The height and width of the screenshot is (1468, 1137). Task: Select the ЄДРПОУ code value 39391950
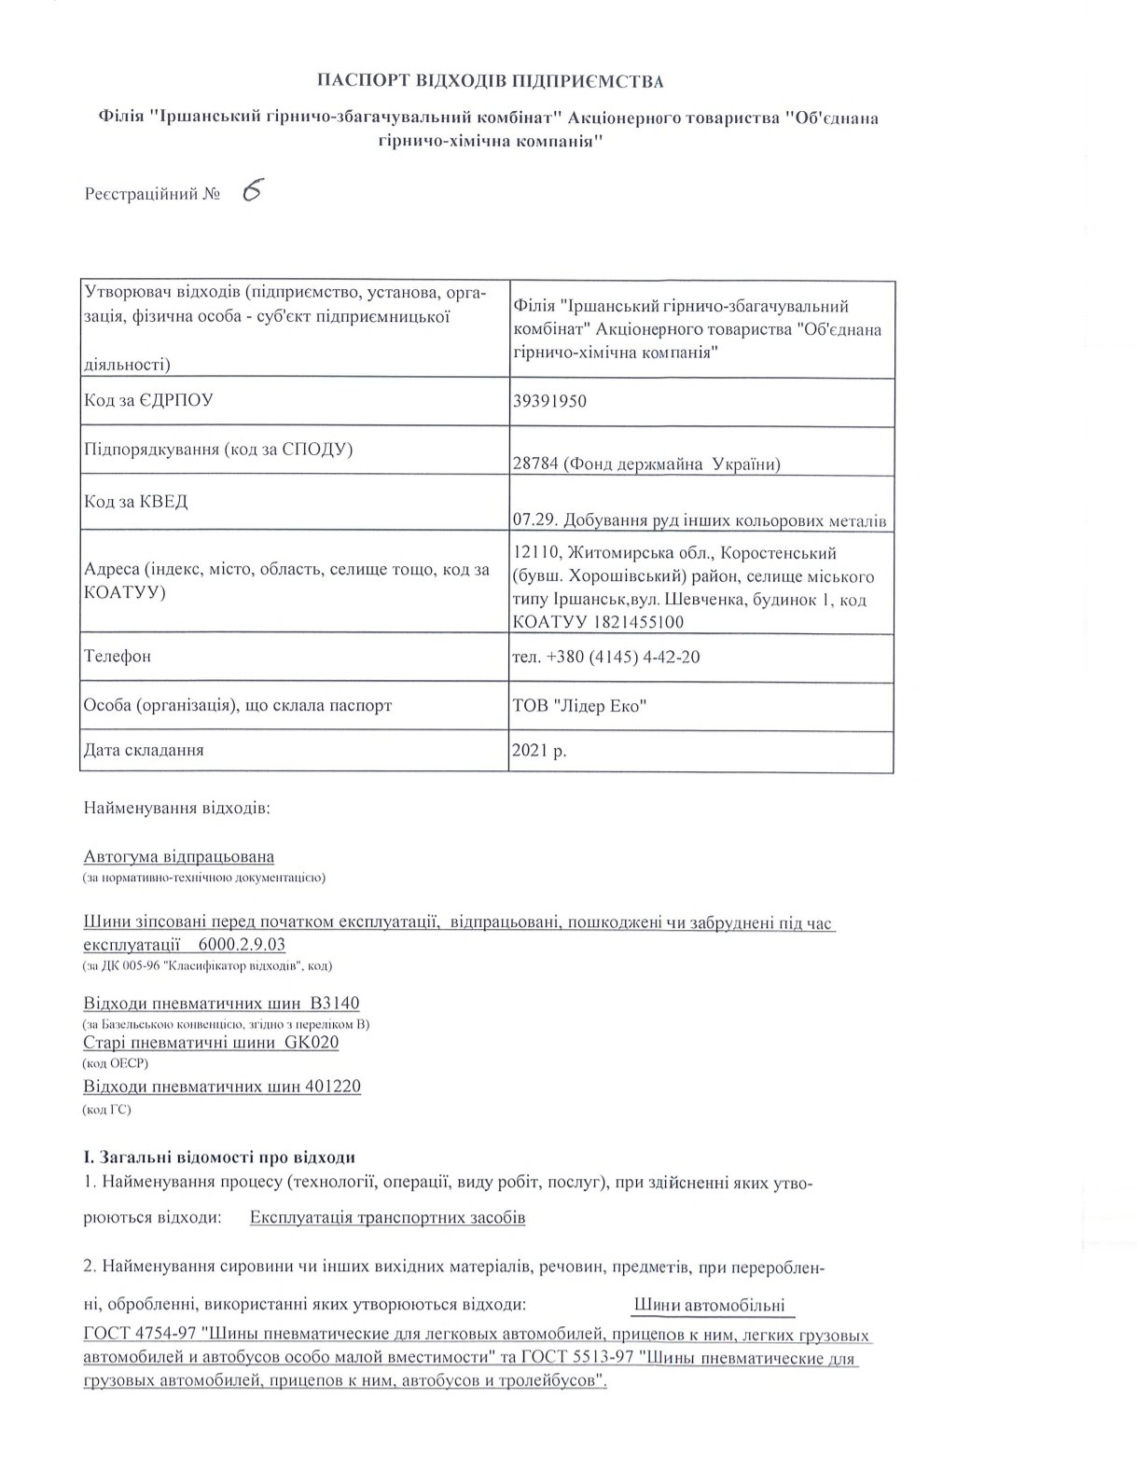(x=549, y=401)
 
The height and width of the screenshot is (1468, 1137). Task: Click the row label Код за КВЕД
(x=136, y=502)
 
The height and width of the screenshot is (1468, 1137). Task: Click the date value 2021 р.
(x=539, y=750)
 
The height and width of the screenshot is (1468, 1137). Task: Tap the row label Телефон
(x=118, y=656)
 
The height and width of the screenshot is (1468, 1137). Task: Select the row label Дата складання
(x=144, y=749)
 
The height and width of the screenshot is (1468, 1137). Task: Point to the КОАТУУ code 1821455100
(x=633, y=622)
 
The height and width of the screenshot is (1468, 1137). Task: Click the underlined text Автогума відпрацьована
(x=179, y=856)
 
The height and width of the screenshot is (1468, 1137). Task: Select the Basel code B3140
(x=335, y=1004)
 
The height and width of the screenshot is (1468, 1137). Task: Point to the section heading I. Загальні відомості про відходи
(x=219, y=1158)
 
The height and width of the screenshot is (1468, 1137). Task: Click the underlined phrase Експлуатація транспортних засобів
(x=388, y=1218)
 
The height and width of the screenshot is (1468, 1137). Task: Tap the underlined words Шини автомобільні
(x=709, y=1305)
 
